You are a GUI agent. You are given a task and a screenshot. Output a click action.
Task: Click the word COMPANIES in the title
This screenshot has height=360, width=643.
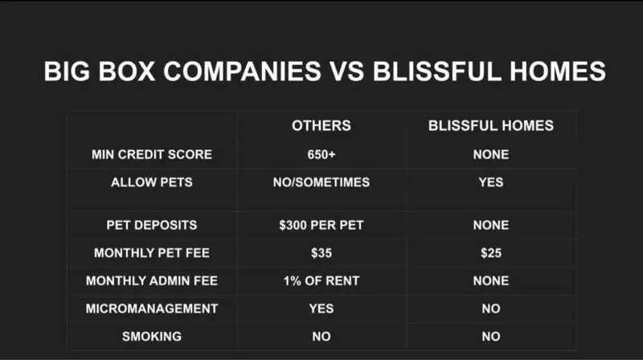tap(242, 71)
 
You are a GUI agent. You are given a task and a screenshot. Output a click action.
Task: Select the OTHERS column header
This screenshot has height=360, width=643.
tap(321, 125)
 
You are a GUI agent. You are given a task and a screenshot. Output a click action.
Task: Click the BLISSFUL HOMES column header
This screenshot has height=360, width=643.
tap(491, 125)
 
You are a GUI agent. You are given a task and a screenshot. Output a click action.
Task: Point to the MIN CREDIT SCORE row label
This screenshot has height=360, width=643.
tap(152, 154)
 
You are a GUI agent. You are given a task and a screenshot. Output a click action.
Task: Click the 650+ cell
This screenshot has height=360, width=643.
tap(321, 154)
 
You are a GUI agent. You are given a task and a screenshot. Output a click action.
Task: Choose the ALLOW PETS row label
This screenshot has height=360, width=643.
tap(152, 182)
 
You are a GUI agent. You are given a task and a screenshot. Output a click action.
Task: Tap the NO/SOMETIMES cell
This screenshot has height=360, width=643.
tap(321, 182)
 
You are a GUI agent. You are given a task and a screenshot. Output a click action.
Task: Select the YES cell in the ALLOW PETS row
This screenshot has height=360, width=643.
tap(491, 182)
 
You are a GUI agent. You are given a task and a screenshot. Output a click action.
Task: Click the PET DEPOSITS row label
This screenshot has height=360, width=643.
tap(152, 225)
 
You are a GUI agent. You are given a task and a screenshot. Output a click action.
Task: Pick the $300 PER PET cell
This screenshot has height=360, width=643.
tap(321, 225)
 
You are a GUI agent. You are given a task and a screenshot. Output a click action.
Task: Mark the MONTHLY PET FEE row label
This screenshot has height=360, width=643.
tap(152, 252)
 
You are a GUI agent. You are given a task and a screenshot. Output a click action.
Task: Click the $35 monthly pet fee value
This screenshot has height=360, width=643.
tap(321, 252)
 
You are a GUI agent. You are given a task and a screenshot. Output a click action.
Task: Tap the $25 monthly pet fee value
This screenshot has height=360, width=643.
tap(491, 252)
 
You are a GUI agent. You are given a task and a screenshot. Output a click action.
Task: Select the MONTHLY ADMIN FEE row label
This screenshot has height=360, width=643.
tap(152, 280)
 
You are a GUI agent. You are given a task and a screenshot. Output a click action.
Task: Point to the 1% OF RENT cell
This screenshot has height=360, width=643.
tap(321, 280)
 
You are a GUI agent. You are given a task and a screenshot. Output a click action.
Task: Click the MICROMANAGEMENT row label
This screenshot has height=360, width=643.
tap(152, 309)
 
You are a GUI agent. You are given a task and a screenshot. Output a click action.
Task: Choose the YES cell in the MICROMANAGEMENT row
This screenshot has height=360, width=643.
tap(321, 309)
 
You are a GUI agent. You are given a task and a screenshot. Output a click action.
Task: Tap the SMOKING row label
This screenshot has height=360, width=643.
tap(152, 336)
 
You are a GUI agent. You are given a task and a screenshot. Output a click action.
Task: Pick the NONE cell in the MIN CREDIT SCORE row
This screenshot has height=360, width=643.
tap(491, 154)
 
